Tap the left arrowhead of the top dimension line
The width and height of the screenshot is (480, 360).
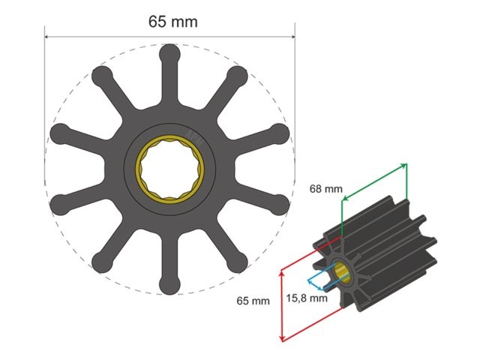[x=48, y=35]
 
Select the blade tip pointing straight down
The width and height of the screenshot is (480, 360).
[x=169, y=284]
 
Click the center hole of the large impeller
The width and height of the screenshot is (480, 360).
[x=169, y=169]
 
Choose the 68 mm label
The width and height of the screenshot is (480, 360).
[x=325, y=189]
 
